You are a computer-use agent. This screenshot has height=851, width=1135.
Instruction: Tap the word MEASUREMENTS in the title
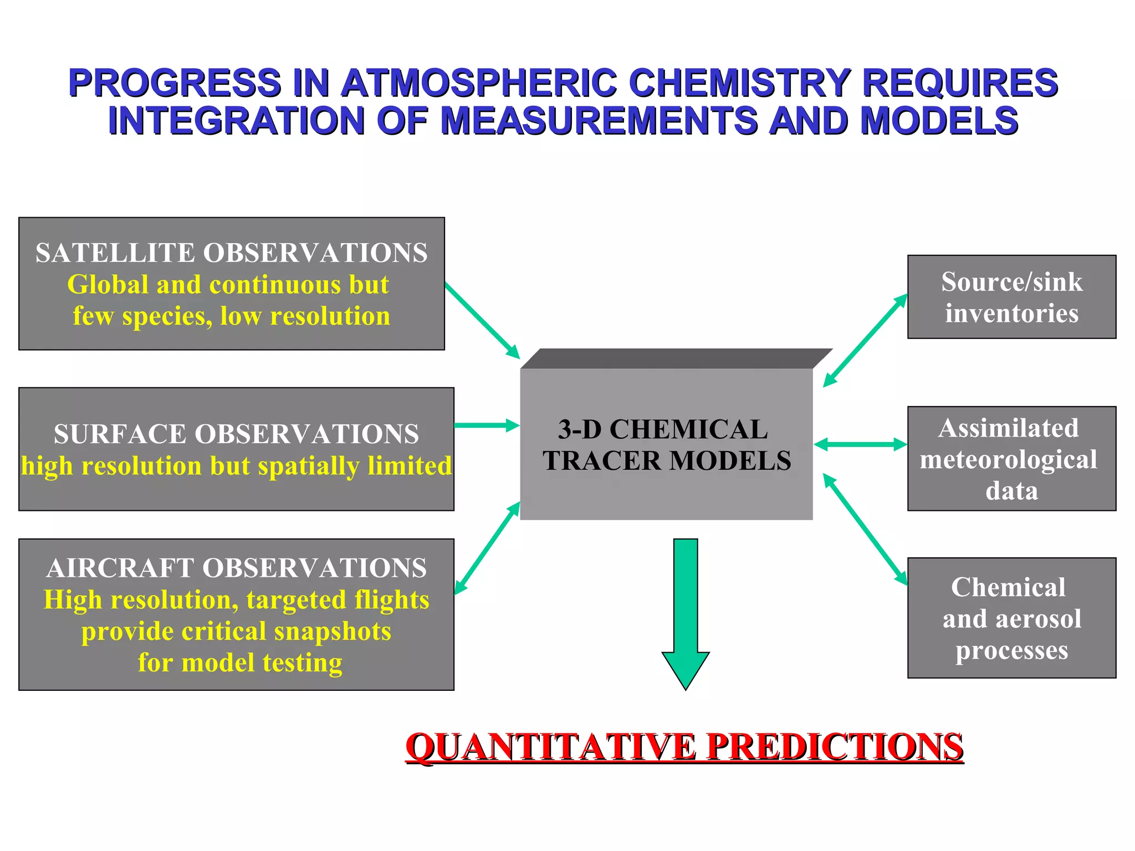click(x=599, y=120)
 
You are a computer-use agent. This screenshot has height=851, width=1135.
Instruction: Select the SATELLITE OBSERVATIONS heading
click(x=232, y=253)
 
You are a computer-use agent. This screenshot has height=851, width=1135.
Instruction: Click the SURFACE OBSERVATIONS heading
click(x=236, y=434)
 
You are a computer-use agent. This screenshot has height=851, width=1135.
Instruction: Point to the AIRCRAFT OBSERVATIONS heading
click(x=237, y=568)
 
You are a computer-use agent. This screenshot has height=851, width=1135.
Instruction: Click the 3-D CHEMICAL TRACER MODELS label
click(x=667, y=445)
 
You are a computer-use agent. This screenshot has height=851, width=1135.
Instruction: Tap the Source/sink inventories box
click(x=1011, y=297)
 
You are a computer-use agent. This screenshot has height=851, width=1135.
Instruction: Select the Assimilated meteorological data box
click(x=1011, y=459)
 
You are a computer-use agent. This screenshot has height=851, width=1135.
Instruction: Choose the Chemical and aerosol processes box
click(x=1011, y=618)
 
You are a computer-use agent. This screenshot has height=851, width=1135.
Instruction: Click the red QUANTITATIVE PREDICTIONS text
click(x=684, y=747)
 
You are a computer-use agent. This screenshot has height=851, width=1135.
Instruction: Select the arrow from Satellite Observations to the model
click(x=482, y=320)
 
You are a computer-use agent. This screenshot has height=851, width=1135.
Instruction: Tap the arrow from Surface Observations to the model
click(x=487, y=425)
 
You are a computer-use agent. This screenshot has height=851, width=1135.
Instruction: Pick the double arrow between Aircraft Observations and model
click(x=487, y=548)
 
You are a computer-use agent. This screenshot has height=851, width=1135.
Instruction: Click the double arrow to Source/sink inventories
click(x=865, y=340)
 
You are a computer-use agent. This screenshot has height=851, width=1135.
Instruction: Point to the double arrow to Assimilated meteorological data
click(x=860, y=444)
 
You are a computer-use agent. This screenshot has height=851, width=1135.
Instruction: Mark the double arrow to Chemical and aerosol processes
click(x=865, y=530)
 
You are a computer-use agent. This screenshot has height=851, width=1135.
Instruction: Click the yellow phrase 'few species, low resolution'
click(x=232, y=316)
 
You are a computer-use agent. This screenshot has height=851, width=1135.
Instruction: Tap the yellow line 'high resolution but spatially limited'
click(x=236, y=466)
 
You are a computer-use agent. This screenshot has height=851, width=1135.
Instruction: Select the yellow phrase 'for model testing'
click(x=240, y=663)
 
